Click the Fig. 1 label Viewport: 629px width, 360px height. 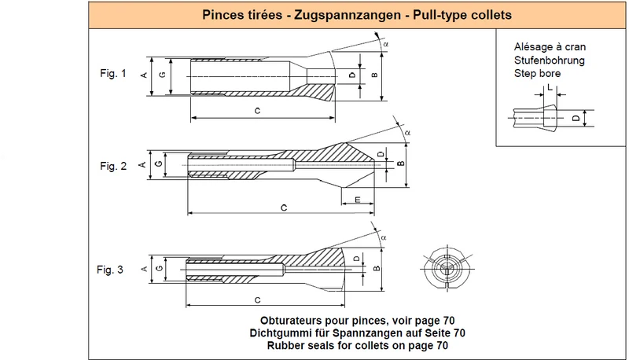[112, 73]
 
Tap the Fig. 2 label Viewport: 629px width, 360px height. [113, 166]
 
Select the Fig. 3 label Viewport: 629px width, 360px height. [110, 270]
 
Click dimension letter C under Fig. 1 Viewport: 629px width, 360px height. [258, 111]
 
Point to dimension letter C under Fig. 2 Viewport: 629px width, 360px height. [284, 208]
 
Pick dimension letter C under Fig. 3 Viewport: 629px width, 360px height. [258, 299]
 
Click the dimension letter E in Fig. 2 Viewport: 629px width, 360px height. [358, 199]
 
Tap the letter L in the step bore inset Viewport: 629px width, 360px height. [550, 87]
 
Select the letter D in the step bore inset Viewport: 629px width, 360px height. [576, 118]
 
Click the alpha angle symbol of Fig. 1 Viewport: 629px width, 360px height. [385, 45]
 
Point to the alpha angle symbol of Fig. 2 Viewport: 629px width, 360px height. [407, 133]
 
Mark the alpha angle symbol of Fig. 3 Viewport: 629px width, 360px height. [384, 237]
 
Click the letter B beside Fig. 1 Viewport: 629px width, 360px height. [374, 75]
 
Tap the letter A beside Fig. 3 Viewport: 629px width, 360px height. [145, 269]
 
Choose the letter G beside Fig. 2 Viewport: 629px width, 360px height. [159, 164]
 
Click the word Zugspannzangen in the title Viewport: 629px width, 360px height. [348, 15]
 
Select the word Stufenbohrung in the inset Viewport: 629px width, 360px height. [549, 61]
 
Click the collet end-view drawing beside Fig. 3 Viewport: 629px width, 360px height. [447, 269]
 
